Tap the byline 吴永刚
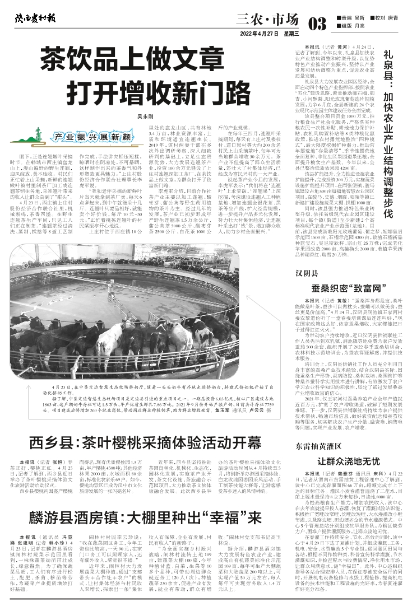tap(145, 116)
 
